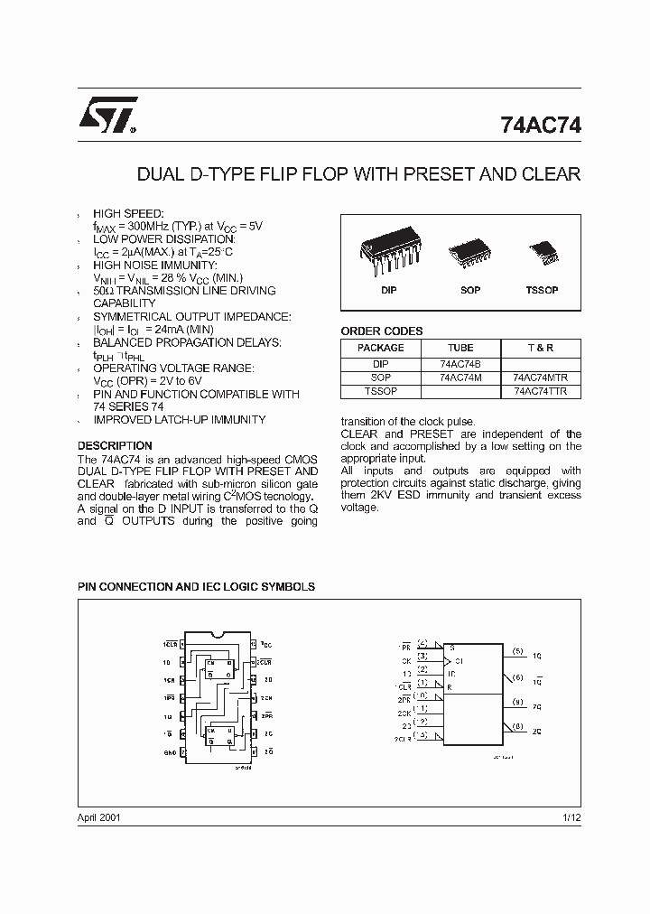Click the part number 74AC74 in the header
(540, 127)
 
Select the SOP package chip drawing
(469, 250)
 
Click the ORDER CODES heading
(381, 331)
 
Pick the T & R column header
(540, 348)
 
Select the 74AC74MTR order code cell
(541, 378)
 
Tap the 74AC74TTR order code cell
(541, 391)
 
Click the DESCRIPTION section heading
(115, 446)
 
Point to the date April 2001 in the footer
(98, 816)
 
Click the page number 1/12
(571, 816)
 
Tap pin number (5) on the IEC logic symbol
(517, 650)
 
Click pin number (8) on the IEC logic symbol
(517, 725)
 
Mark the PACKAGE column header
(381, 348)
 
